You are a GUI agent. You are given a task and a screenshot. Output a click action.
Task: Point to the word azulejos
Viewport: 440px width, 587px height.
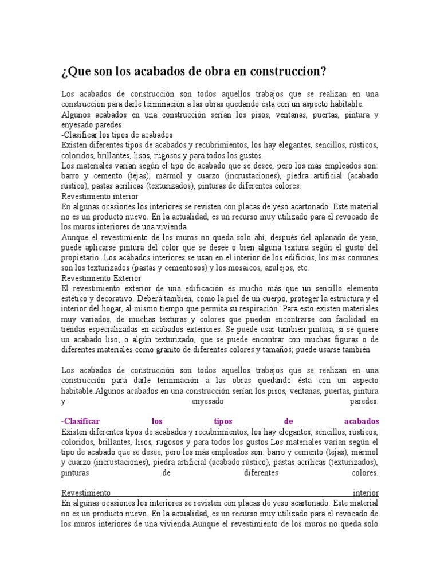(x=284, y=268)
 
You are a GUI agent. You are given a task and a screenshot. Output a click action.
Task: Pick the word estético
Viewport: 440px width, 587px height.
(x=74, y=299)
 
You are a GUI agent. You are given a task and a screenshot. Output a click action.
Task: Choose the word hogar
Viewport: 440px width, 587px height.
(x=104, y=308)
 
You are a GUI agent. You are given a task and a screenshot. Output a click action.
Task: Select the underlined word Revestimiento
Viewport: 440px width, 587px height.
(x=86, y=492)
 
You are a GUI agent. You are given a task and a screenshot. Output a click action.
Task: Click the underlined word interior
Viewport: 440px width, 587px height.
(x=366, y=492)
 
